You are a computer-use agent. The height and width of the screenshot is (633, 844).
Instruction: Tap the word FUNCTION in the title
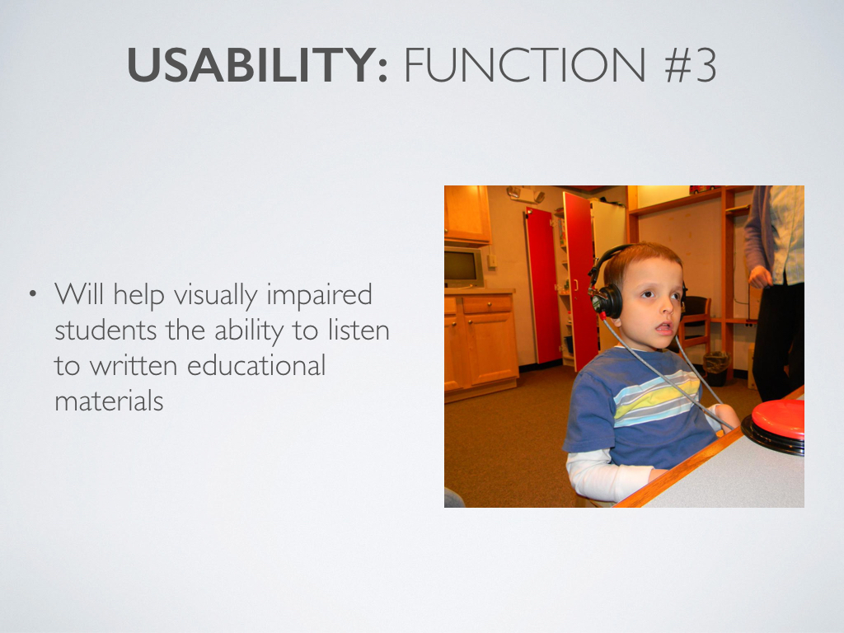[524, 65]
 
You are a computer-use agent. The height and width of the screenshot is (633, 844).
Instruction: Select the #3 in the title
[690, 65]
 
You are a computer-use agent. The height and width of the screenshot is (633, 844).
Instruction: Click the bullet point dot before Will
[33, 294]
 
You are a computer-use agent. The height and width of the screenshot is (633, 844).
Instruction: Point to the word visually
[215, 296]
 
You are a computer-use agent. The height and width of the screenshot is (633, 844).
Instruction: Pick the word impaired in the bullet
[319, 296]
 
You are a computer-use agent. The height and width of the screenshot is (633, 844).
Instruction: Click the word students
[105, 330]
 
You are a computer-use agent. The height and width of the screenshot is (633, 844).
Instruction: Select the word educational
[256, 365]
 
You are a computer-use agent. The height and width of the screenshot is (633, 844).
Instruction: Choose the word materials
[109, 401]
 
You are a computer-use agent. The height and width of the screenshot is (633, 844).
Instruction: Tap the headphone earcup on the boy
[609, 302]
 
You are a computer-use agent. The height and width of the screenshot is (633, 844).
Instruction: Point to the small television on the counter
[462, 267]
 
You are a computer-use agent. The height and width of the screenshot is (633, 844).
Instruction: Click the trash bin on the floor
[716, 368]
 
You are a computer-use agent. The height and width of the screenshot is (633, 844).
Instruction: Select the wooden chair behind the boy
[696, 323]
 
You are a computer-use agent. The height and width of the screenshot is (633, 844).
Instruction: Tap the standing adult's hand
[760, 276]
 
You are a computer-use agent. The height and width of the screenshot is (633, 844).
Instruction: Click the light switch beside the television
[491, 261]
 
